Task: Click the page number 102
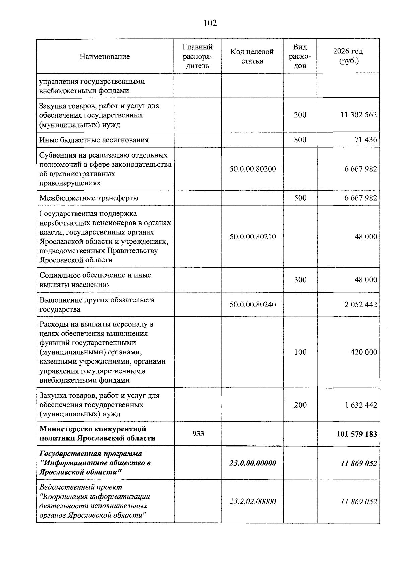[x=210, y=23]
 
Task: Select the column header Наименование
[x=105, y=56]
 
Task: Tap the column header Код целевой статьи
[x=252, y=56]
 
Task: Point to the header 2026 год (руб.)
[x=348, y=56]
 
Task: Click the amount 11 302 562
[x=358, y=115]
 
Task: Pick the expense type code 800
[x=300, y=140]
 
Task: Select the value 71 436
[x=366, y=140]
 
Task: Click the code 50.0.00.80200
[x=253, y=169]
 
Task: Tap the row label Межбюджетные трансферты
[x=89, y=198]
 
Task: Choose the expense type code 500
[x=300, y=198]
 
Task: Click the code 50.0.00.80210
[x=253, y=237]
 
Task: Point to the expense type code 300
[x=300, y=280]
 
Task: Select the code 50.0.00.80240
[x=253, y=305]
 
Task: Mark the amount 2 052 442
[x=360, y=305]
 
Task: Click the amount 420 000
[x=363, y=352]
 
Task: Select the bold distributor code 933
[x=198, y=434]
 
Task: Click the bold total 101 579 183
[x=356, y=434]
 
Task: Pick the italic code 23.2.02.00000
[x=253, y=501]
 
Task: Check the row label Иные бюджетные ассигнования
[x=94, y=140]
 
